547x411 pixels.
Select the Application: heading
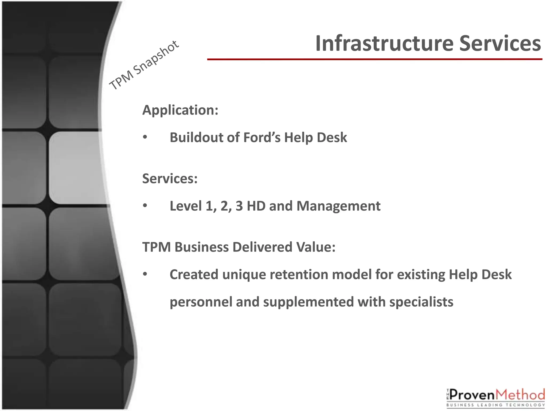pos(180,110)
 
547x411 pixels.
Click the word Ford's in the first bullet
pos(262,138)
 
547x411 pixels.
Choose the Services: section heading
pos(170,178)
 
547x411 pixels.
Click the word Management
pos(338,206)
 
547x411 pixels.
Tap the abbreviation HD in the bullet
pos(256,206)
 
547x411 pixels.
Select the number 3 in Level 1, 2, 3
pos(239,206)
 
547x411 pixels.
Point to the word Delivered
pos(263,247)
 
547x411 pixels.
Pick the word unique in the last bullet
pos(244,275)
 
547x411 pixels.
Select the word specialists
pos(421,302)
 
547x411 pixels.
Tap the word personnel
pos(201,302)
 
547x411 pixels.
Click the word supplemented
pos(308,302)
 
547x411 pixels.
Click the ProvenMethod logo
pos(495,398)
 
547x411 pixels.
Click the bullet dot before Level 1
pos(145,206)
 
